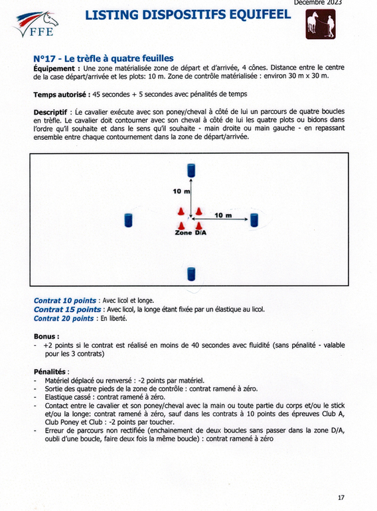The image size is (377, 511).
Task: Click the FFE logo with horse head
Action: point(36,24)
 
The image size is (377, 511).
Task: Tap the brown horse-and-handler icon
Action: point(320,24)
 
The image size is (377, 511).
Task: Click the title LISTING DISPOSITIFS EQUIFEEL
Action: point(188,15)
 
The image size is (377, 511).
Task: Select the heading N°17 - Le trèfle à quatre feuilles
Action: point(104,59)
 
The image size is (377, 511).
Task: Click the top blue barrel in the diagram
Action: point(191,170)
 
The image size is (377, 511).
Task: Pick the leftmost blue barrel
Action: point(128,220)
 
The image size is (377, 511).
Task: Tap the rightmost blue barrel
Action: point(254,220)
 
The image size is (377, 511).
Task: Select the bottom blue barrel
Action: point(191,274)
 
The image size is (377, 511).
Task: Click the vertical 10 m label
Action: point(181,192)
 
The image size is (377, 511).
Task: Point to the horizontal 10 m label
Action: point(223,215)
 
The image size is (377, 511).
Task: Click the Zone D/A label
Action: point(190,233)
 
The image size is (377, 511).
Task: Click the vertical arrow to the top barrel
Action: point(190,197)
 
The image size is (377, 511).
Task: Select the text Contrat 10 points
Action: point(65,300)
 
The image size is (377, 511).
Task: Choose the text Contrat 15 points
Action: point(67,310)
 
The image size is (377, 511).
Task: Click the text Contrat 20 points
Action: point(64,318)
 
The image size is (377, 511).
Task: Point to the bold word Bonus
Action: point(46,336)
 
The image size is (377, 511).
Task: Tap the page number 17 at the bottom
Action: point(340,497)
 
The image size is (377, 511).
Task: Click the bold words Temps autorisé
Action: point(62,95)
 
